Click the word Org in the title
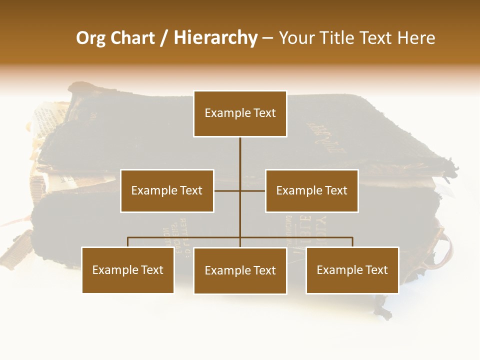click(x=91, y=38)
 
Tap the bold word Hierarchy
click(x=215, y=38)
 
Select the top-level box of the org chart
click(x=240, y=113)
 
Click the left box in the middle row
click(x=167, y=190)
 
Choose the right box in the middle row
click(x=311, y=190)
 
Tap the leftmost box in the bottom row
click(x=128, y=270)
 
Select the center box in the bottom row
click(x=240, y=270)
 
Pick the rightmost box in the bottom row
click(x=352, y=270)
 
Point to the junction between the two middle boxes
click(x=240, y=190)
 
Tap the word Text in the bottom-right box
click(x=376, y=270)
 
